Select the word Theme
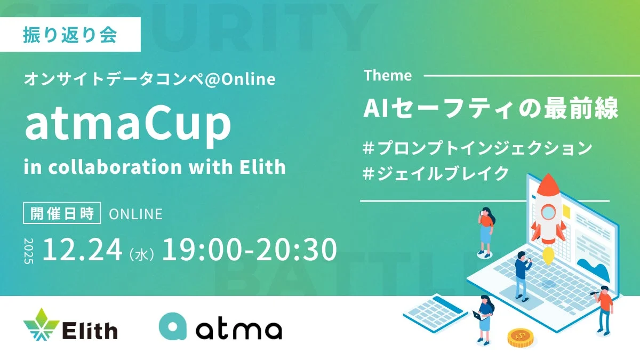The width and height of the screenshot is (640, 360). tap(388, 76)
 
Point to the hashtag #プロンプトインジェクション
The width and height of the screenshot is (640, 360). tap(477, 148)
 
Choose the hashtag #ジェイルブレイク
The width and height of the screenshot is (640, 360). tap(435, 174)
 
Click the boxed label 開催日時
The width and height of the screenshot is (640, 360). tap(62, 214)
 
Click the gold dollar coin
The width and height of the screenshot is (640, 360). tap(521, 337)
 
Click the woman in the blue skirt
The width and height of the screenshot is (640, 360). tap(485, 231)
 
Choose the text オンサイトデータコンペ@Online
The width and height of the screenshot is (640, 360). tap(150, 79)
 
